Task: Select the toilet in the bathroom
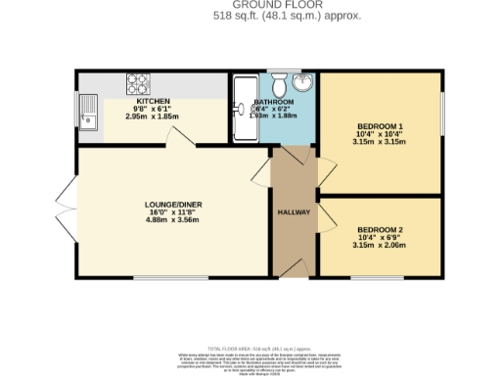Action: coord(285,79)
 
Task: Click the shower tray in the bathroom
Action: coord(241,109)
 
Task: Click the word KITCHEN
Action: coord(154,101)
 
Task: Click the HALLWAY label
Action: coord(295,211)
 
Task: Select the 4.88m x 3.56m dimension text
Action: coord(156,220)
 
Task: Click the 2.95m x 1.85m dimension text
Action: coord(154,117)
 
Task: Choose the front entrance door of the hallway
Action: coord(294,277)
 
